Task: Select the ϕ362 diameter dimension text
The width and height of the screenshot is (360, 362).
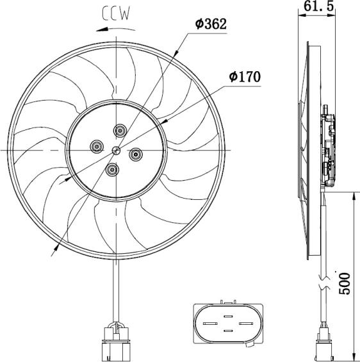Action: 211,24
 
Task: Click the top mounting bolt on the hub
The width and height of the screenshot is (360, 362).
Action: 120,131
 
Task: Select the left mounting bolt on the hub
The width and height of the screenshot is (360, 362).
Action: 97,146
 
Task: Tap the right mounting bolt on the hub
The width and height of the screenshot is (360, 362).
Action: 136,154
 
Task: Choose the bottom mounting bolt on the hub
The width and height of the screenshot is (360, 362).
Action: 113,169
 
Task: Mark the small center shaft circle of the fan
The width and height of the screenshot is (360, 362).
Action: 116,151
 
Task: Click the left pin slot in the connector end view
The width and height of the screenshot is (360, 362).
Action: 211,323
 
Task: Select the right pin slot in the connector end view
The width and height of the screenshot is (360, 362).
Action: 247,323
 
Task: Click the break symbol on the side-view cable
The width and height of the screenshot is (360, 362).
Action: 323,282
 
